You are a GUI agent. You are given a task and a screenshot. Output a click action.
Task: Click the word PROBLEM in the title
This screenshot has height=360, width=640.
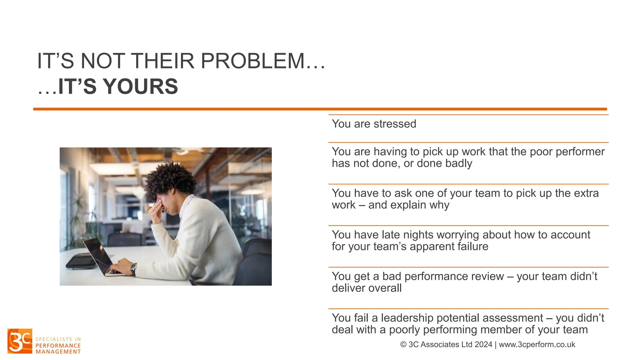[x=252, y=61]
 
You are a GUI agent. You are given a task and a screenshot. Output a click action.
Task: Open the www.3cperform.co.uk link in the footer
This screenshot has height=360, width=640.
[x=537, y=345]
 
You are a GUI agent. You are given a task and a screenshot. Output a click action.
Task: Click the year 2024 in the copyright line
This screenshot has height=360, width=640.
[x=483, y=345]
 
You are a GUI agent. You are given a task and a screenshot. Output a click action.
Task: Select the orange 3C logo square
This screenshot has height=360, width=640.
[x=20, y=341]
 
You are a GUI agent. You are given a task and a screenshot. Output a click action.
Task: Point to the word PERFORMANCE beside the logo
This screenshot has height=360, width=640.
[x=58, y=346]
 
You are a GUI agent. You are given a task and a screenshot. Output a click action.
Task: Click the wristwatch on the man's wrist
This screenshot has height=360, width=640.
[x=133, y=268]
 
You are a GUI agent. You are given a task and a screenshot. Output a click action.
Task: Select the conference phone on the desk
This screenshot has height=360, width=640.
[x=81, y=261]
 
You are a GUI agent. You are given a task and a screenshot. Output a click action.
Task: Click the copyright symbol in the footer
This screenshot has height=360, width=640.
[x=403, y=345]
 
